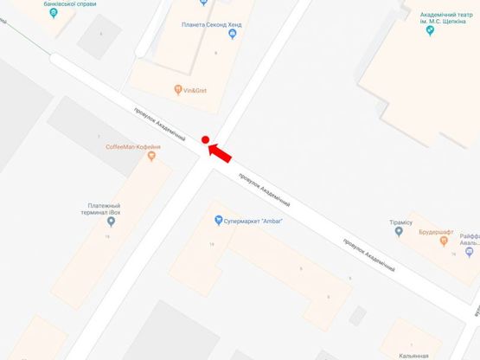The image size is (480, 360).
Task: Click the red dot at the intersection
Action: click(x=205, y=139)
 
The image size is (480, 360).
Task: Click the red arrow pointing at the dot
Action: click(x=221, y=151)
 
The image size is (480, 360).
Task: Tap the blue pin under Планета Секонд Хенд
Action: click(x=232, y=35)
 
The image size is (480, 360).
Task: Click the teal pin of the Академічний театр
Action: click(x=430, y=31)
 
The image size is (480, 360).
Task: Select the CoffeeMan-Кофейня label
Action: click(x=134, y=147)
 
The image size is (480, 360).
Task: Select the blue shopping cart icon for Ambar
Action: click(x=218, y=219)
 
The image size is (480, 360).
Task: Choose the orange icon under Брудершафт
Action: click(x=445, y=244)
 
